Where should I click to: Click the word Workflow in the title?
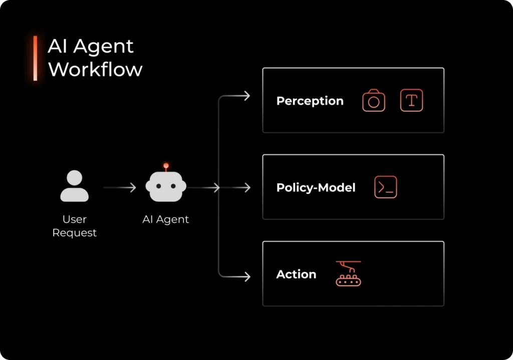95,69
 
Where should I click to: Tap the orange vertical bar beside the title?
35,58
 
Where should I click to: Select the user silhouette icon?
74,186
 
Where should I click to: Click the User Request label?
74,226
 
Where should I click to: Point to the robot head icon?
166,186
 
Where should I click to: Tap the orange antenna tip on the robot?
166,165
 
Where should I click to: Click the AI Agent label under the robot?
166,219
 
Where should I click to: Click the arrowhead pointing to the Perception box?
246,96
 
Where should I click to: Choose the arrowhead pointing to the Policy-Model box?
246,188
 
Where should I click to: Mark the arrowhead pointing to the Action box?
246,276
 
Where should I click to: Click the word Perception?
310,101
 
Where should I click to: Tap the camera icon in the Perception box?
374,101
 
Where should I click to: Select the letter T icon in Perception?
411,100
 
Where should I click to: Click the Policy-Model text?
316,188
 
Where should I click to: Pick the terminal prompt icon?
385,187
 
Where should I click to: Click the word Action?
296,274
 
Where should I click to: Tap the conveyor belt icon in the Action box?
348,274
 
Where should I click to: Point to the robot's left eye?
159,186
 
